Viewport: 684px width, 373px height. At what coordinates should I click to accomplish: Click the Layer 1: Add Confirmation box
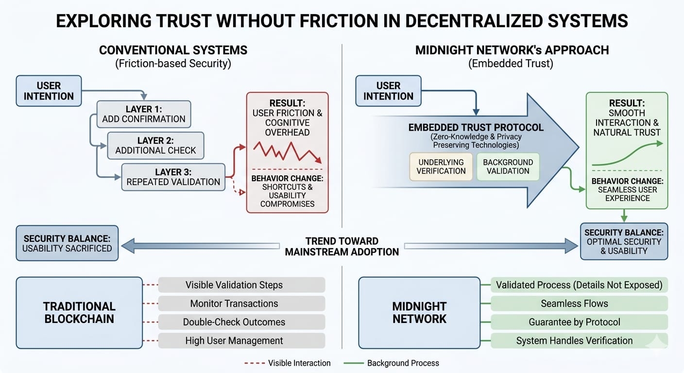(143, 114)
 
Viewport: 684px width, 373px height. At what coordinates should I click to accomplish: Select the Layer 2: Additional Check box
(155, 145)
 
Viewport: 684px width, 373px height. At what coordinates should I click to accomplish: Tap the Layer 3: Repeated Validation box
(173, 177)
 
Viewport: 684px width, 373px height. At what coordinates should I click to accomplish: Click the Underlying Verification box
(441, 167)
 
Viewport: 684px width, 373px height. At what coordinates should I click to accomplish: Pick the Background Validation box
(508, 167)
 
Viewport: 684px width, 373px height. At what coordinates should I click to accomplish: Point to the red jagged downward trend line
(287, 151)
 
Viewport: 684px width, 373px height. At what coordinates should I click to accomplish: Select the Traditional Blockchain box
(79, 313)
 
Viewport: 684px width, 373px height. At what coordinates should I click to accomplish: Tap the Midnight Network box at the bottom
(419, 313)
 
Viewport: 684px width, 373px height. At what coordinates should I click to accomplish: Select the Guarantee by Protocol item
(579, 322)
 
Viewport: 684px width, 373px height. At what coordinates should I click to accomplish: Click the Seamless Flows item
(579, 304)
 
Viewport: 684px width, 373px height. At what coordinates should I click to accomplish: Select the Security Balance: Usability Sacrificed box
(68, 243)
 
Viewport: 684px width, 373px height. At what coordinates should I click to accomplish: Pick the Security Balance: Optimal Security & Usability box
(624, 241)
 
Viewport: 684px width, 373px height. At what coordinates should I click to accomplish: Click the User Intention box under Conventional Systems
(49, 91)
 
